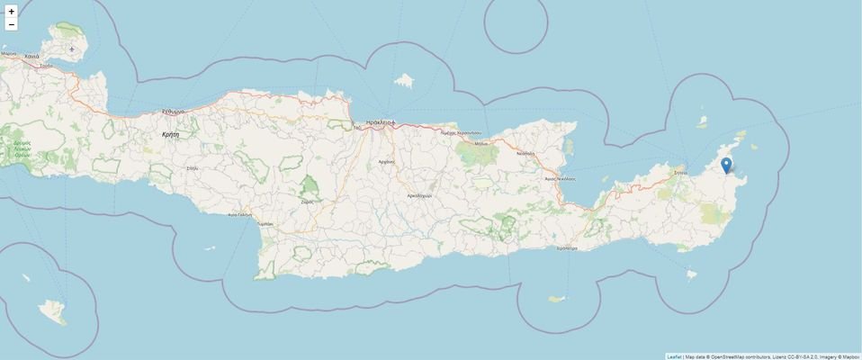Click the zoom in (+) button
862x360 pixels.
point(11,12)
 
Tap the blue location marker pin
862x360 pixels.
point(726,166)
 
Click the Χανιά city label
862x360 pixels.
point(31,56)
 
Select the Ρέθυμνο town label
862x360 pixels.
point(174,111)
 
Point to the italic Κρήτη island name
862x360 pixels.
point(170,133)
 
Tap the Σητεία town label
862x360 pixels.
point(681,171)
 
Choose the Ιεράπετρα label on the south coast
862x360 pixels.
point(567,247)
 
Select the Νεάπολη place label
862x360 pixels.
point(525,153)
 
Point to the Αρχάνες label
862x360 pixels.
point(387,161)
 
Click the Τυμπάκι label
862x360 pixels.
point(264,221)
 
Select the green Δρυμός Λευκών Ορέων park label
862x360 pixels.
point(22,148)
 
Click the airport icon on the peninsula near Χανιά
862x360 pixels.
point(71,49)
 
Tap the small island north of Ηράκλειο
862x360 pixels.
point(404,81)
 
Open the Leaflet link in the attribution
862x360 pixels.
point(673,355)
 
